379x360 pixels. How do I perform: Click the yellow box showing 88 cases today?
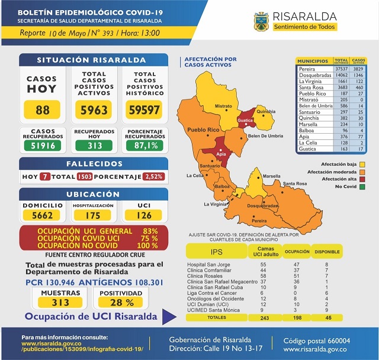[42, 110]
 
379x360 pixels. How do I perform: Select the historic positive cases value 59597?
[144, 110]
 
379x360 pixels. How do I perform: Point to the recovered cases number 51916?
[42, 145]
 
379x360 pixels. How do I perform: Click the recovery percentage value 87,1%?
[145, 145]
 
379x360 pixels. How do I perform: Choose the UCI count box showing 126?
[144, 216]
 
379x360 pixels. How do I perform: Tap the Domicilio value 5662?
[43, 216]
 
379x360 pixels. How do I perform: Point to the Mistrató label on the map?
[223, 107]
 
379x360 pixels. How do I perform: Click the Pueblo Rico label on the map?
[203, 129]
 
